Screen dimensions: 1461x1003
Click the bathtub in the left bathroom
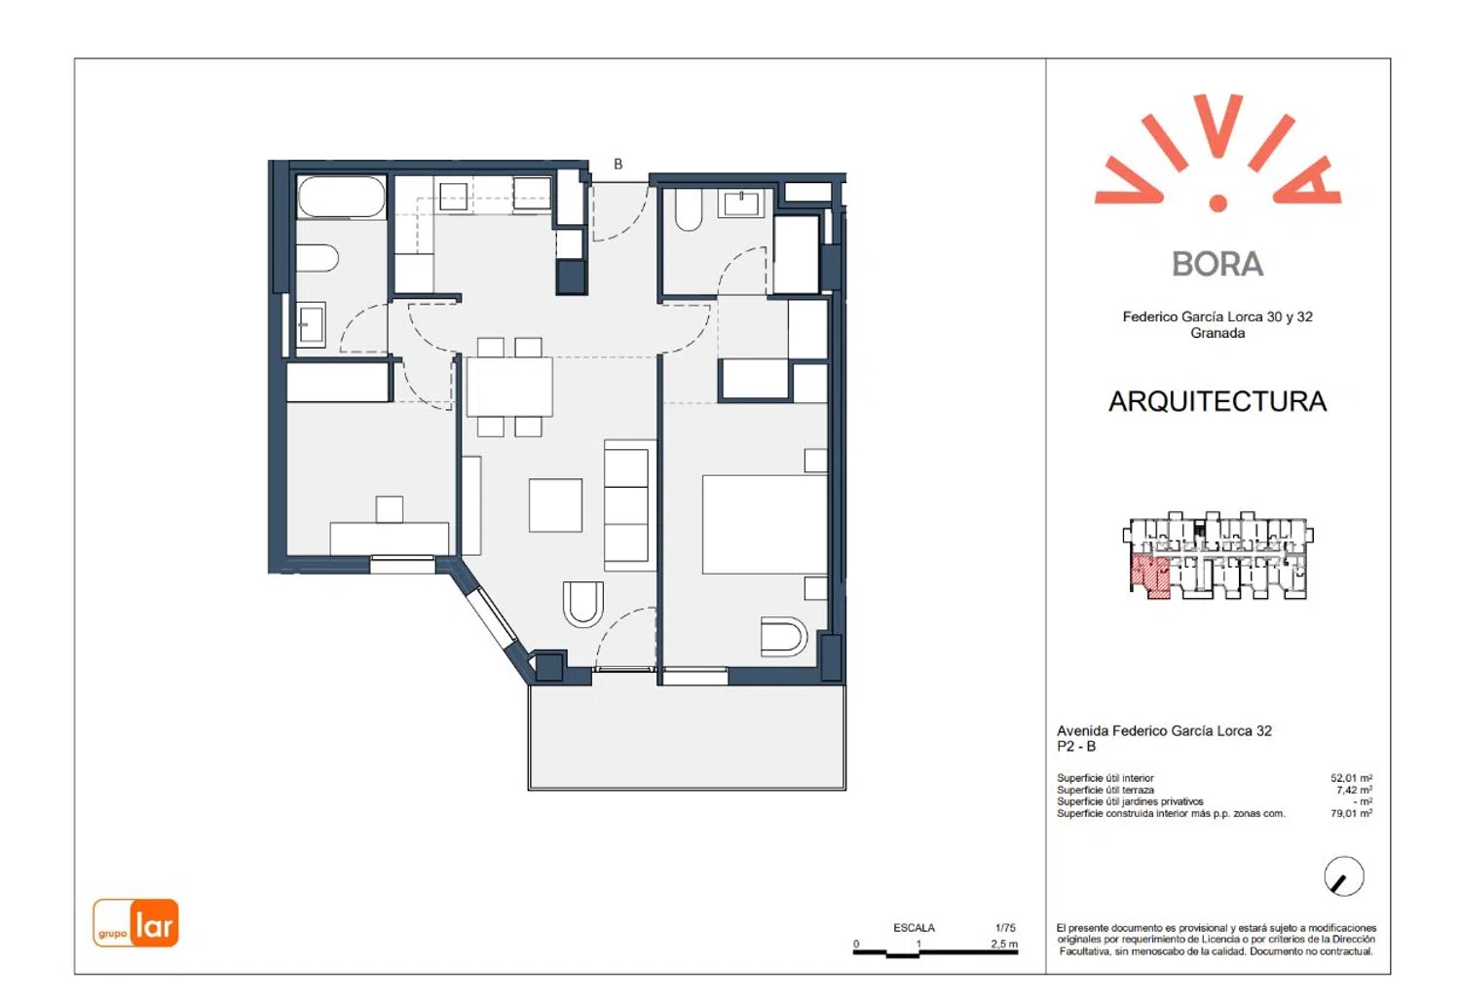point(341,197)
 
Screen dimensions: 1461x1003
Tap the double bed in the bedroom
point(765,525)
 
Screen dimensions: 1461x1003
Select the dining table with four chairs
point(509,387)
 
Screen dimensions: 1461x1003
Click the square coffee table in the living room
point(556,505)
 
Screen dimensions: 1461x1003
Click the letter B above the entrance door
point(618,165)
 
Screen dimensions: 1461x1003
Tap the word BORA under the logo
point(1217,264)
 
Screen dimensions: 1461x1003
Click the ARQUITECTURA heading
point(1217,402)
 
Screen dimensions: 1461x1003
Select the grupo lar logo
point(135,923)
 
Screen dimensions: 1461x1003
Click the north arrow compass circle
point(1343,875)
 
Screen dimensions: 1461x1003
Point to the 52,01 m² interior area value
point(1352,778)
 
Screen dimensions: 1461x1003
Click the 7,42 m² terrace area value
point(1354,790)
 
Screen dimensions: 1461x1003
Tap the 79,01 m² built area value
point(1352,813)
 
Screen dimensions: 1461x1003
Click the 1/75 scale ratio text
point(1005,927)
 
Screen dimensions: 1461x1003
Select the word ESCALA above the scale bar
point(914,927)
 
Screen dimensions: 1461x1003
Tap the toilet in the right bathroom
point(689,210)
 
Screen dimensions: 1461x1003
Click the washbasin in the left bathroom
point(311,325)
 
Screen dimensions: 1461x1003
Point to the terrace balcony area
point(687,737)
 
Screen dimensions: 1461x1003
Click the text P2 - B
point(1076,747)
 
